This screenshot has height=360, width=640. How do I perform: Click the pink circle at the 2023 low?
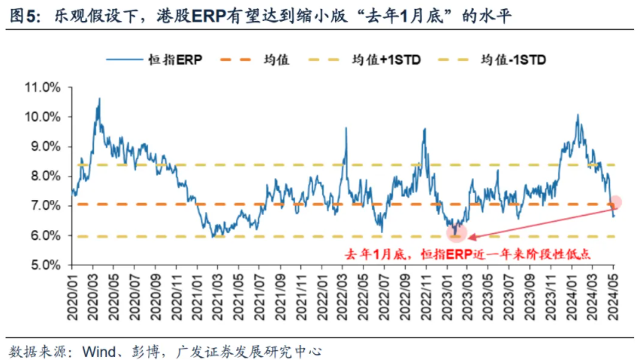pos(455,232)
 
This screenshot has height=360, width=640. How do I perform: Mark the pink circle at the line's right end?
pos(615,202)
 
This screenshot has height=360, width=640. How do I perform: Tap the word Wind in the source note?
pos(98,349)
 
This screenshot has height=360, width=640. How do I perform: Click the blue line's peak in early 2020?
pos(98,98)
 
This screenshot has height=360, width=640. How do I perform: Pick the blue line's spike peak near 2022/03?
pos(346,128)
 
